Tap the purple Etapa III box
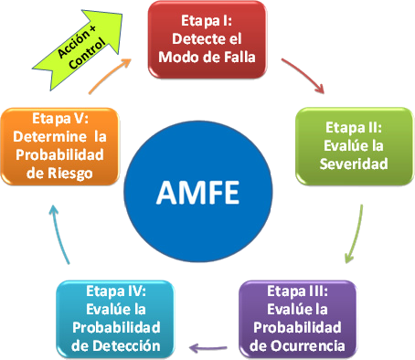[298, 319]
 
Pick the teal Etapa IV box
[118, 319]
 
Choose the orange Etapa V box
[60, 145]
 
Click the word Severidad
[354, 164]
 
